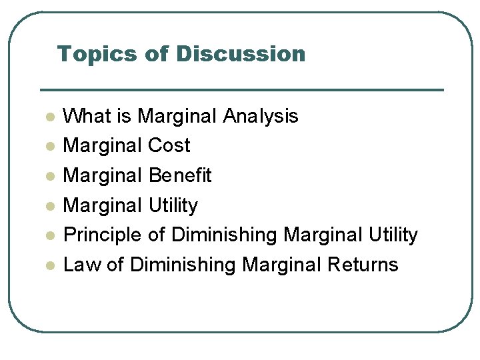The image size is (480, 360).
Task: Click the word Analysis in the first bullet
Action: (x=261, y=116)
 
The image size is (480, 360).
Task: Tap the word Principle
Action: (x=102, y=235)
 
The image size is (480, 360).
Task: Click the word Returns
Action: (x=363, y=265)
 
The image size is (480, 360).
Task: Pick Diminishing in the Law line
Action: (x=183, y=265)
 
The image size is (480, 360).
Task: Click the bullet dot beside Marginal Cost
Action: (x=49, y=147)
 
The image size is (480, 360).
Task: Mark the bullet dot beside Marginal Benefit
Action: (x=49, y=177)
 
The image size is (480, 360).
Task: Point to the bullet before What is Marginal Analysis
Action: (x=49, y=117)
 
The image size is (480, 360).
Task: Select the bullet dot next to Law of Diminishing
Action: (x=49, y=266)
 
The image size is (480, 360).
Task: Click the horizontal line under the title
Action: (x=241, y=89)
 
